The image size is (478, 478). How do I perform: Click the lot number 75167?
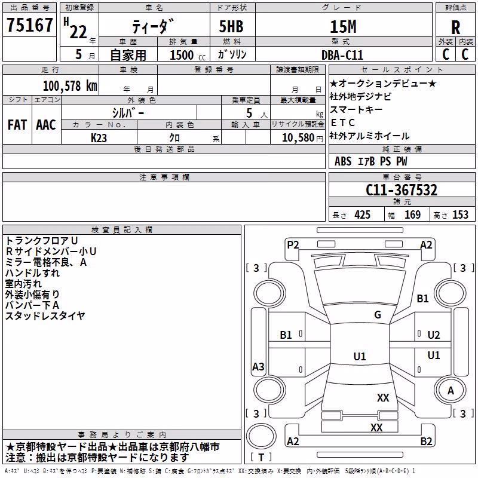tap(29, 24)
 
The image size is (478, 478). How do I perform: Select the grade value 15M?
tap(343, 26)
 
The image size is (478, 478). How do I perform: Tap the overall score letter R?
tap(455, 27)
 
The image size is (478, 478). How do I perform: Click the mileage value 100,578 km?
tap(70, 86)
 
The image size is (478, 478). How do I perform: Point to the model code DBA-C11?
tap(342, 55)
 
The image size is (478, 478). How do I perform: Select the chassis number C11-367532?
tap(402, 190)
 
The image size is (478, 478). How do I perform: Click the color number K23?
tap(99, 138)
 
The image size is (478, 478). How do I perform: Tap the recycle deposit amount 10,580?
tap(298, 138)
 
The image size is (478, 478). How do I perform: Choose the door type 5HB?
tap(231, 26)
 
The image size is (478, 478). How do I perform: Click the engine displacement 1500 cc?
tap(188, 55)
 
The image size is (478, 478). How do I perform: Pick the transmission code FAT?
tap(17, 125)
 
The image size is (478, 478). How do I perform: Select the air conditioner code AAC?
tap(46, 125)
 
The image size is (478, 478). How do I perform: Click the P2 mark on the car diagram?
tap(293, 245)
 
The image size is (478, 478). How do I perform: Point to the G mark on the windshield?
tap(378, 315)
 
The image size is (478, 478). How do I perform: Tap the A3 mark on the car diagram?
tap(258, 366)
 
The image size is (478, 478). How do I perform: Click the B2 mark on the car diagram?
tap(426, 442)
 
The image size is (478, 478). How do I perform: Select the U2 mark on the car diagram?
tap(434, 335)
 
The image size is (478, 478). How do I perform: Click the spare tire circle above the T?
tap(261, 436)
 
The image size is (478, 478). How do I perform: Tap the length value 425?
tap(363, 215)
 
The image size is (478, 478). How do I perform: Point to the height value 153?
tap(460, 215)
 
